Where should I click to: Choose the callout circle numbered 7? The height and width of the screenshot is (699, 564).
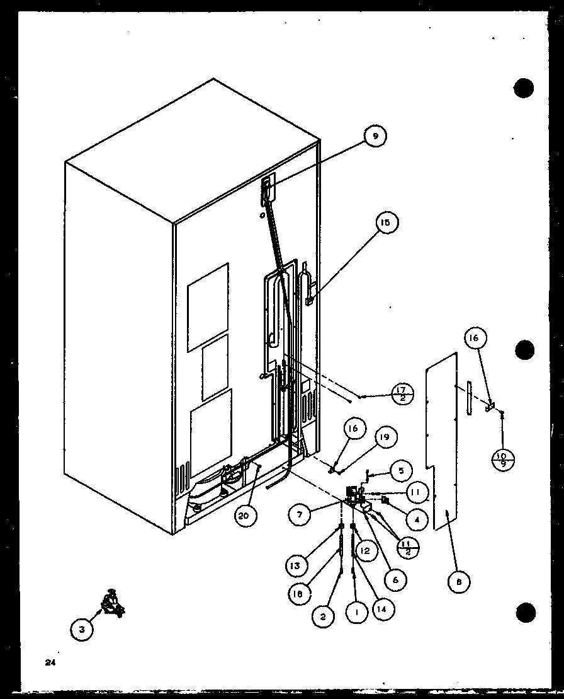(300, 515)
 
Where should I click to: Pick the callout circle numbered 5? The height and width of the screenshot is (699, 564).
(400, 470)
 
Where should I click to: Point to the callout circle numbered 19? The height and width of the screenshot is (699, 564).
(387, 436)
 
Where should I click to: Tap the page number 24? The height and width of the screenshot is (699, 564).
(50, 662)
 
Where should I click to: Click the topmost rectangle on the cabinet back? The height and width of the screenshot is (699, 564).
(208, 308)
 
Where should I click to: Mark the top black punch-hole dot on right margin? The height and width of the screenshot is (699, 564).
(524, 88)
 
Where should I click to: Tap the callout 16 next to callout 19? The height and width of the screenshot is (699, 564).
(353, 429)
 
